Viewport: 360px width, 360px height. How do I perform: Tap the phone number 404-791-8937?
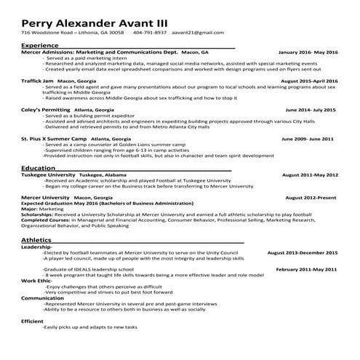click(x=150, y=33)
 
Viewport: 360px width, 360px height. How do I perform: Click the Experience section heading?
click(x=40, y=45)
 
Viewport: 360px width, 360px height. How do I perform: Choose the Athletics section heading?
click(x=36, y=239)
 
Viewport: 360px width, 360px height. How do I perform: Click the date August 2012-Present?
click(x=311, y=197)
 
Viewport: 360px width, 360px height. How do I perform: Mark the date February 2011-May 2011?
click(x=307, y=269)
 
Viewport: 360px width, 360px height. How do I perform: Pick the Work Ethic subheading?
click(x=36, y=280)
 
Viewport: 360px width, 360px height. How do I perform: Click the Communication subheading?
click(x=42, y=297)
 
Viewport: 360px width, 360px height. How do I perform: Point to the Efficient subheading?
click(x=33, y=321)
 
